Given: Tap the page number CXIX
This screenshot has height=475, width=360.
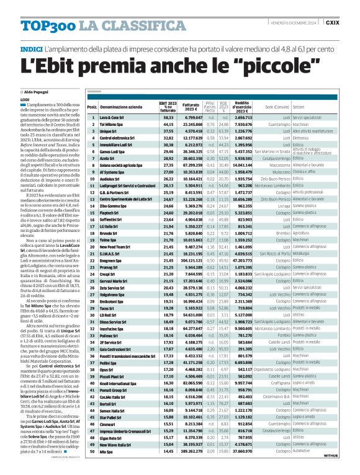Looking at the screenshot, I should [x=349, y=22].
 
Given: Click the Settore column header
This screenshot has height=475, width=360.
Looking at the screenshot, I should [x=299, y=107].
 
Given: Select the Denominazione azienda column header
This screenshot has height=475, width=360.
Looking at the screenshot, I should [x=121, y=107].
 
